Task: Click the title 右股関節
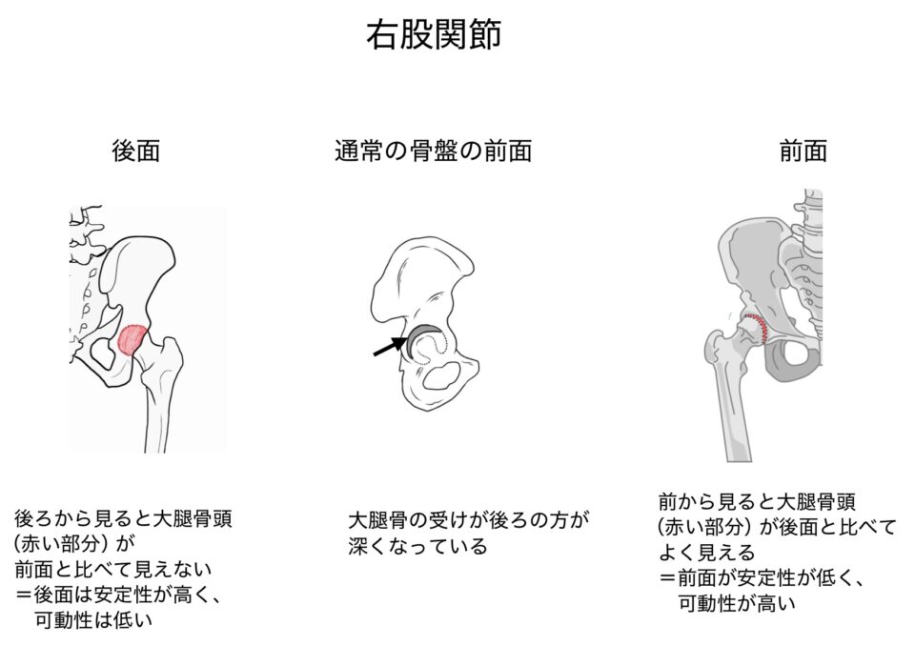[434, 35]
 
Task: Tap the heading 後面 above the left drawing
[135, 151]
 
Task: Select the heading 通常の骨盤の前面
[433, 151]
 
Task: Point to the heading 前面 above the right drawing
[803, 151]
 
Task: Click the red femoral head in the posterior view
[132, 340]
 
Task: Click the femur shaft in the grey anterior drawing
[735, 409]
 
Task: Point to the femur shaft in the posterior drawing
[156, 414]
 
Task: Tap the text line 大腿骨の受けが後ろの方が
[469, 520]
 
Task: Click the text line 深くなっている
[417, 546]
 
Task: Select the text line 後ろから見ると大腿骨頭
[123, 518]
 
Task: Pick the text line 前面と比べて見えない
[113, 569]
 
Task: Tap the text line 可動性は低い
[93, 619]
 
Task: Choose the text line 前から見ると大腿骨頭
[757, 501]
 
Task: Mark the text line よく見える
[706, 552]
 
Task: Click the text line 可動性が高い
[737, 603]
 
